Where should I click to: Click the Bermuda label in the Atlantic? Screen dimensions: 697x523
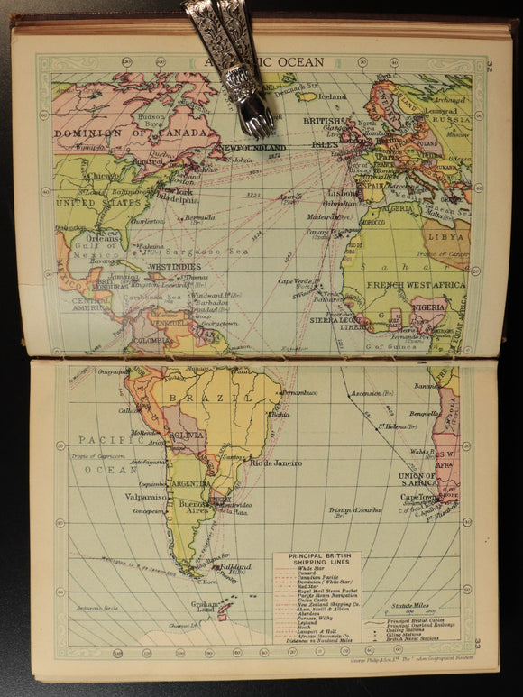pos(199,217)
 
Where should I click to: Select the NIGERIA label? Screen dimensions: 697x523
pos(427,307)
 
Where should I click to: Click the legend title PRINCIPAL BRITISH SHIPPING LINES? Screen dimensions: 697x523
pos(317,561)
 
